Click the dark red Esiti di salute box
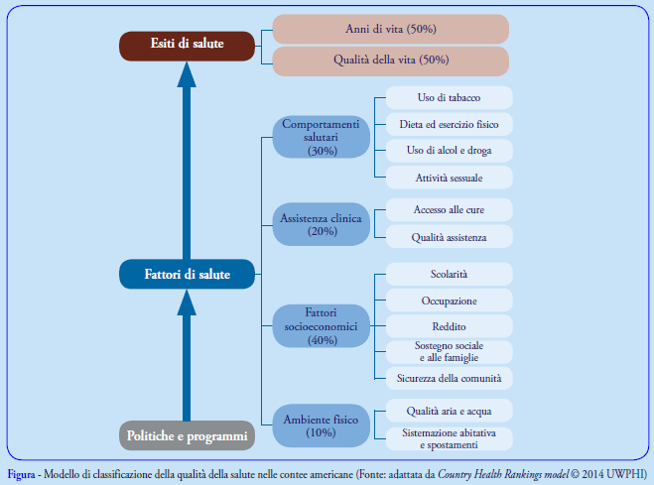(187, 45)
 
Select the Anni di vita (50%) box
(391, 29)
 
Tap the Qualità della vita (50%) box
(391, 61)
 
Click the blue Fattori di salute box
(187, 275)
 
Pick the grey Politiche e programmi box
(187, 434)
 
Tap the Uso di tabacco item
(449, 97)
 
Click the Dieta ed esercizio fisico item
(449, 124)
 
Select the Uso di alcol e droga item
(449, 151)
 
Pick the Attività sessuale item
(449, 178)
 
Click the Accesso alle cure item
(449, 209)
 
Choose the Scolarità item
(449, 274)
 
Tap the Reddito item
(449, 326)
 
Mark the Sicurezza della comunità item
(449, 378)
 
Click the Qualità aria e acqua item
(449, 410)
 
